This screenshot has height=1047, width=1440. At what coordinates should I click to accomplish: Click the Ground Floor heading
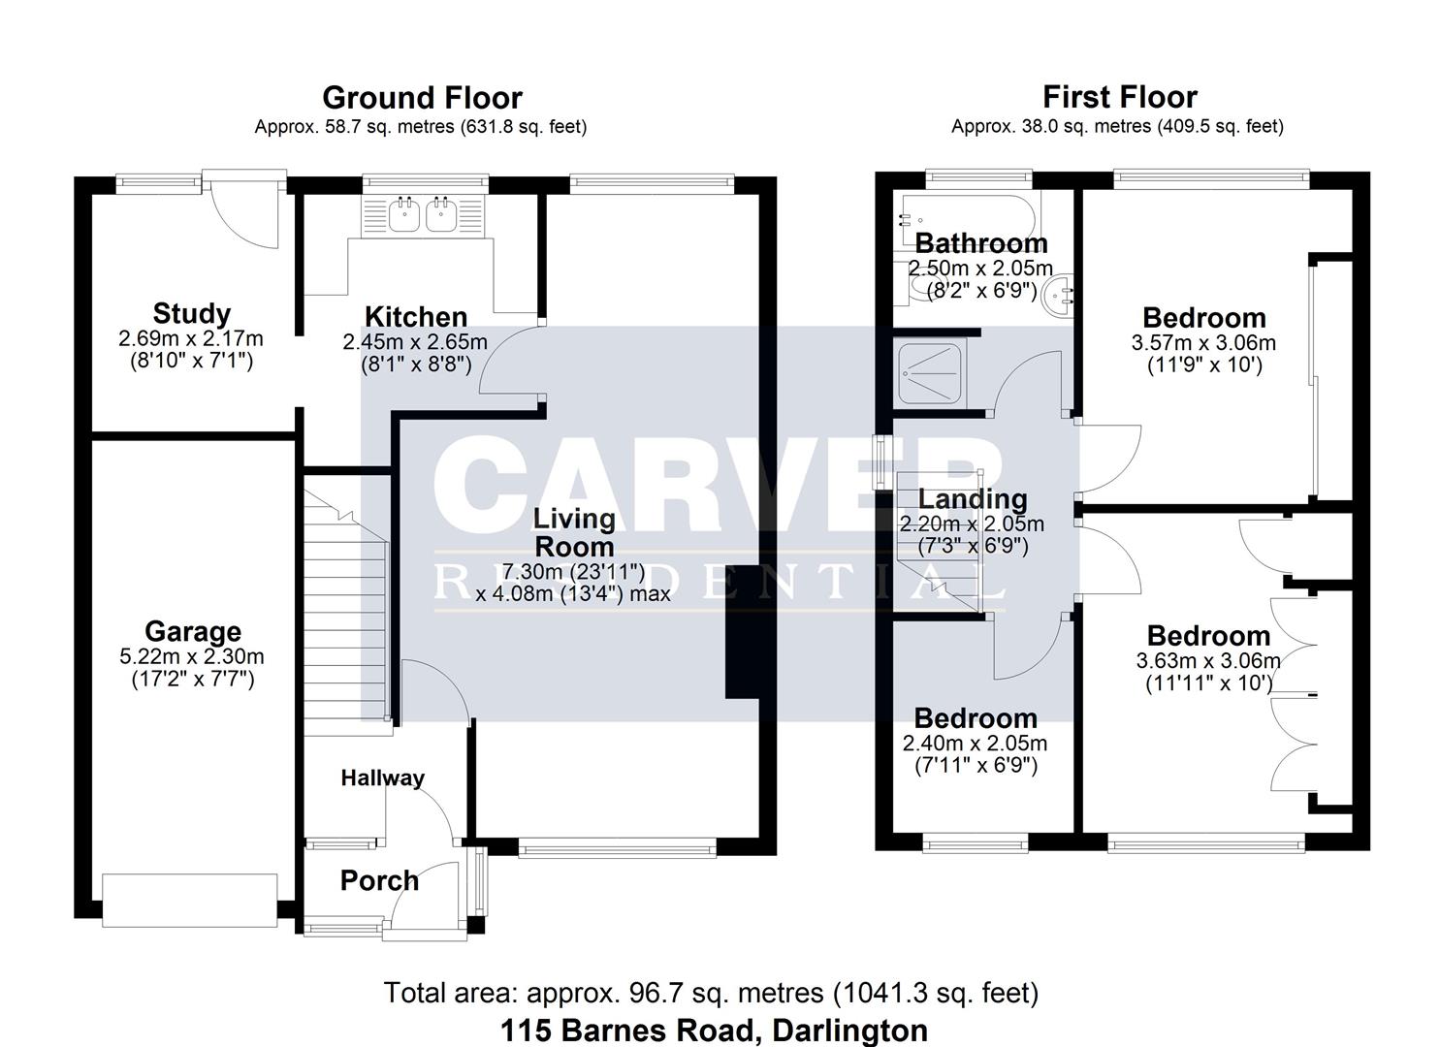coord(422,98)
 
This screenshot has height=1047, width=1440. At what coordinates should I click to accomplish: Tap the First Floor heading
coord(1119,97)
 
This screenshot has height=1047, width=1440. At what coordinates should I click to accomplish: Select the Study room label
coord(192,314)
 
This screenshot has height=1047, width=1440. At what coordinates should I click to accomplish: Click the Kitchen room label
coord(415,317)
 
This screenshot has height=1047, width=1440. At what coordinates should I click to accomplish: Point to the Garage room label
coord(192,632)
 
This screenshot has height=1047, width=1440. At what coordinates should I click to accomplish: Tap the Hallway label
coord(382,778)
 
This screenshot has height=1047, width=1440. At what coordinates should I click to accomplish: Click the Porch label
coord(379,881)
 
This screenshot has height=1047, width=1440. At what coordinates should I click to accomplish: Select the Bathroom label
coord(980,243)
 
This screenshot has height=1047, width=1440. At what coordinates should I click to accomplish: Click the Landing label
coord(972,499)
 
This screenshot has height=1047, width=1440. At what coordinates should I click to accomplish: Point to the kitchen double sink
coord(424,215)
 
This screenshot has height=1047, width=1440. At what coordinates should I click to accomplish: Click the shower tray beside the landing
coord(929,374)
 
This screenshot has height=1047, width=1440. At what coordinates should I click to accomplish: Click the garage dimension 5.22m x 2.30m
coord(192,656)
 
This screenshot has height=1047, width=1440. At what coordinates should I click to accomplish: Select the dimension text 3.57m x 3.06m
coord(1203,343)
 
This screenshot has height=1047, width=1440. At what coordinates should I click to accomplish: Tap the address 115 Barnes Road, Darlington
coord(714,1030)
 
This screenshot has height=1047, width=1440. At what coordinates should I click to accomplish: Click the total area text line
coord(711,993)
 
